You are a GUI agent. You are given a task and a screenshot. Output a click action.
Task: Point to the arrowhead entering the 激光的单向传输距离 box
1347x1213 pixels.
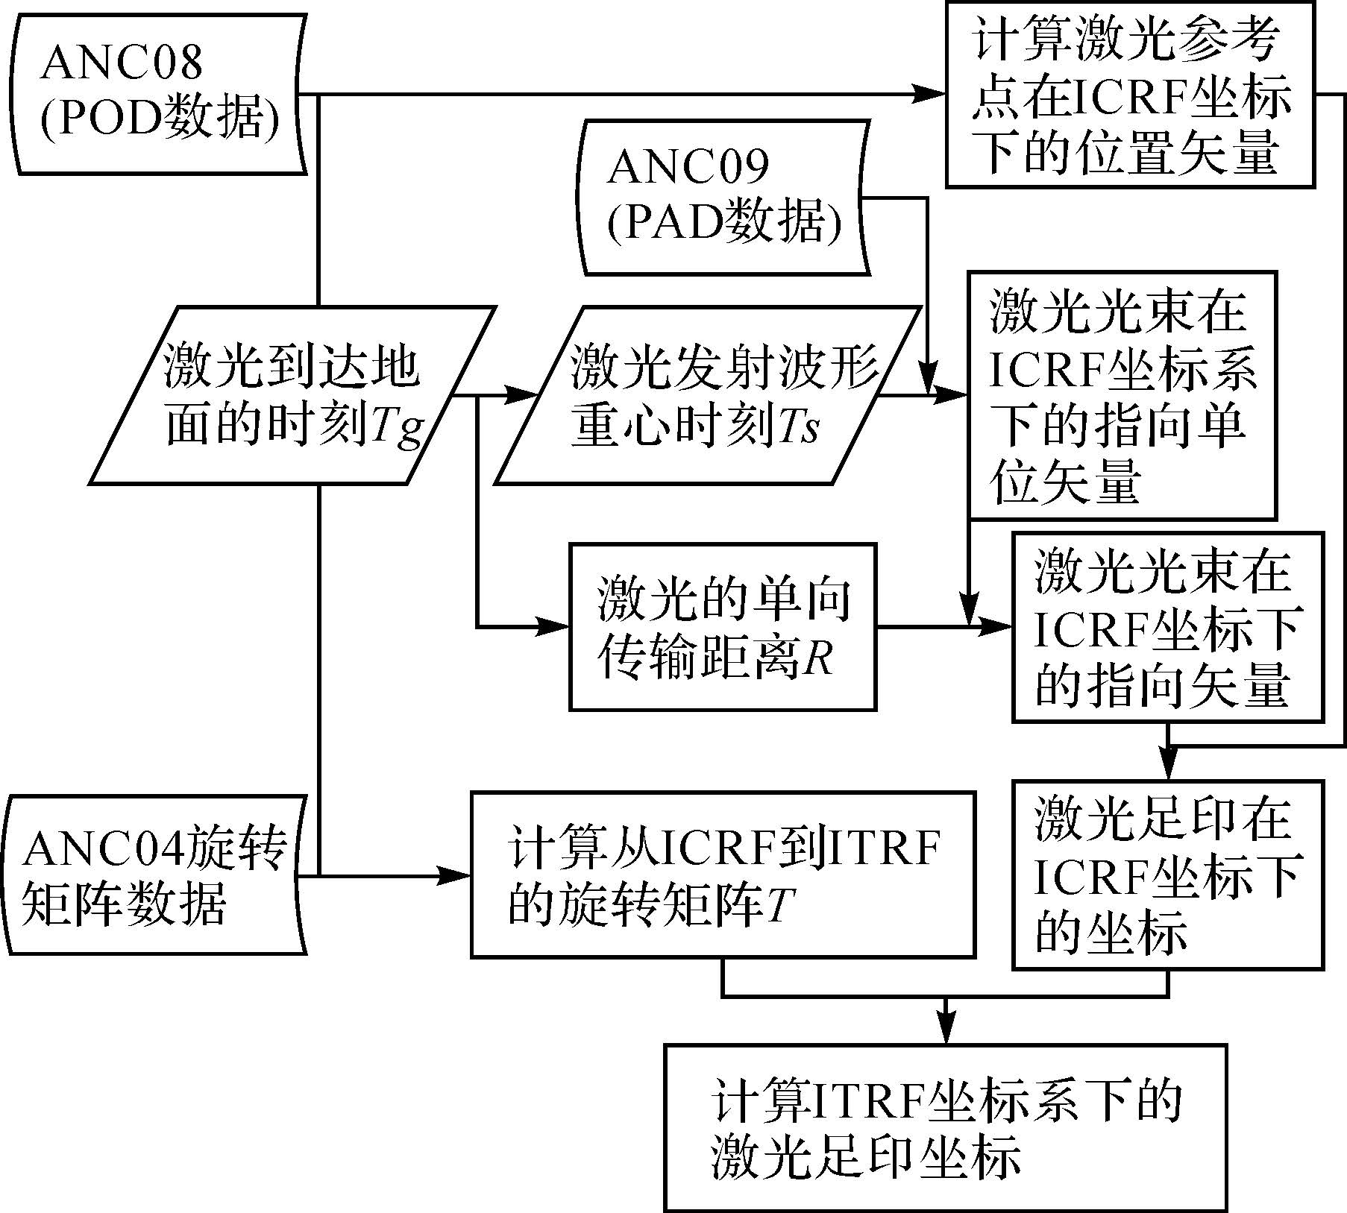click(x=553, y=626)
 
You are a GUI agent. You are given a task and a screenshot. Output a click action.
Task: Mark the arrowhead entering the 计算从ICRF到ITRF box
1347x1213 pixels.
click(x=454, y=875)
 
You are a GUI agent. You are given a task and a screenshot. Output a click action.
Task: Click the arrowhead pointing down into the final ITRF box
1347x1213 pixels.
click(x=946, y=1028)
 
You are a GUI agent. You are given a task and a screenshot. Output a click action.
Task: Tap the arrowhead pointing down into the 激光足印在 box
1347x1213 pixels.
click(x=1168, y=763)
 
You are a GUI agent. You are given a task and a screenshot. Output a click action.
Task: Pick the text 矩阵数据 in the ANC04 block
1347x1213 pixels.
click(x=125, y=904)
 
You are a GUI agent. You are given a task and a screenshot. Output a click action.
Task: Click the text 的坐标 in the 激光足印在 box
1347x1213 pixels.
click(x=1111, y=932)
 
